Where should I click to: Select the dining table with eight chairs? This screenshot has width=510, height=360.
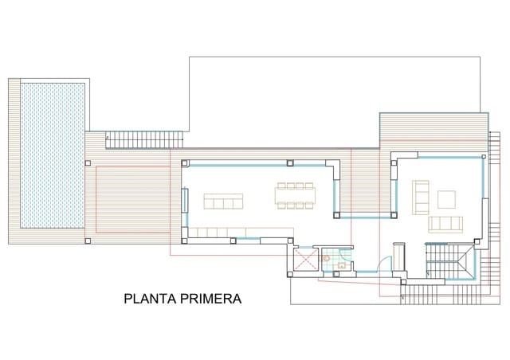point(295,195)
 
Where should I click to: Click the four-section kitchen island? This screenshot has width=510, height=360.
point(223,201)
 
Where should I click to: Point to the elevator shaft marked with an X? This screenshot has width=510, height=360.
point(305,260)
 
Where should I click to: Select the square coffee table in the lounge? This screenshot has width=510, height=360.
point(446,198)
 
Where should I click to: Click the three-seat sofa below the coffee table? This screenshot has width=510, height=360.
point(446,223)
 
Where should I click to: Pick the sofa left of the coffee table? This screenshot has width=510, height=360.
point(420,195)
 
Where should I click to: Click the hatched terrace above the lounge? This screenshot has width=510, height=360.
point(433,128)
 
